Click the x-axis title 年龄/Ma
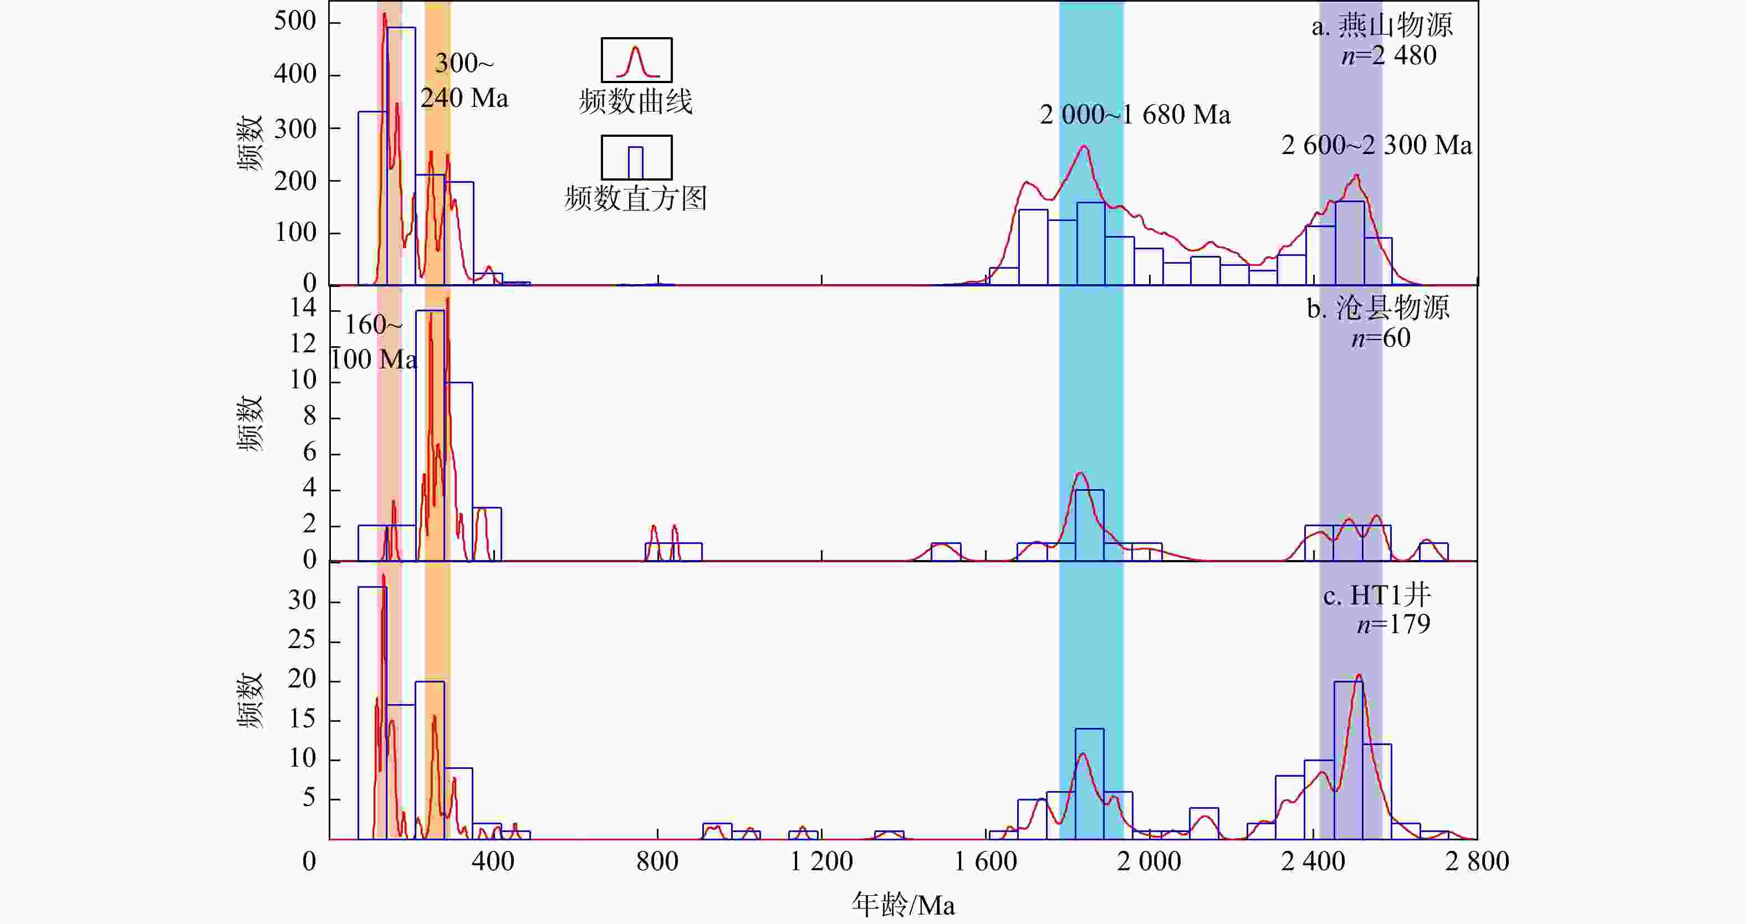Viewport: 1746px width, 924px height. click(903, 905)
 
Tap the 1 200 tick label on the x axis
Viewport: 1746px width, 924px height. click(821, 861)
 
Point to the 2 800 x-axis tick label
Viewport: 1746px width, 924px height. click(1477, 861)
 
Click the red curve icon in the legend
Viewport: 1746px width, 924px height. click(636, 60)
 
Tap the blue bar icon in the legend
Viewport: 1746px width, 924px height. click(636, 158)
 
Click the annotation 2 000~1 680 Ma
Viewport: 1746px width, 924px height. click(1135, 115)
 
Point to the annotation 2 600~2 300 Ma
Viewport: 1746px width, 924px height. click(1377, 146)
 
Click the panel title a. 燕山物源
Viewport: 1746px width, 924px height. click(1381, 25)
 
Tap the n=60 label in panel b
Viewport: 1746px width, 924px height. click(1381, 338)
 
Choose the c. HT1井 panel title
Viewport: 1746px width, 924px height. click(1377, 596)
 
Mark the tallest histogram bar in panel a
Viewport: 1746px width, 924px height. click(401, 156)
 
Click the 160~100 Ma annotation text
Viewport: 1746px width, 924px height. click(374, 342)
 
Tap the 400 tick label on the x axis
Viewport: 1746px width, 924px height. click(493, 861)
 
